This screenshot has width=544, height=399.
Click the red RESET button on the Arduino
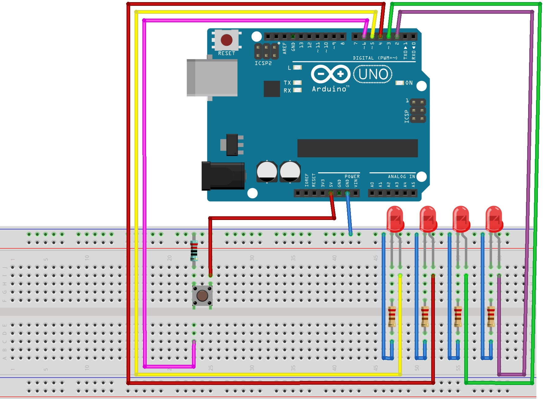pyautogui.click(x=226, y=40)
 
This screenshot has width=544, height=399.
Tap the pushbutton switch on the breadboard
pyautogui.click(x=202, y=295)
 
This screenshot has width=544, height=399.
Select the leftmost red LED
pyautogui.click(x=395, y=218)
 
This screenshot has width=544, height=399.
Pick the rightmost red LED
pyautogui.click(x=494, y=218)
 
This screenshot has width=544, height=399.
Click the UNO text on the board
pyautogui.click(x=373, y=74)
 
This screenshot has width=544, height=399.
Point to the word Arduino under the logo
pyautogui.click(x=329, y=89)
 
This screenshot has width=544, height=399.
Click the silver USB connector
pyautogui.click(x=212, y=78)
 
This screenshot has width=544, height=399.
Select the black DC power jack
pyautogui.click(x=223, y=176)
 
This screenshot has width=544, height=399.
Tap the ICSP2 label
pyautogui.click(x=263, y=63)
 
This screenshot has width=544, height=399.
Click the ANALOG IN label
pyautogui.click(x=401, y=177)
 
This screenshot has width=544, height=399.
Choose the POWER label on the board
pyautogui.click(x=352, y=177)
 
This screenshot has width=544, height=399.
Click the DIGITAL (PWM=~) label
pyautogui.click(x=375, y=58)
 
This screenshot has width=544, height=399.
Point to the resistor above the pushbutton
pyautogui.click(x=194, y=251)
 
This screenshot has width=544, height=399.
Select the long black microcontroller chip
pyautogui.click(x=357, y=148)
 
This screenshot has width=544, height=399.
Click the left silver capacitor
pyautogui.click(x=267, y=172)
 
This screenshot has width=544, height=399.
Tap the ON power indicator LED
pyautogui.click(x=400, y=83)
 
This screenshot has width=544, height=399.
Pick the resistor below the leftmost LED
pyautogui.click(x=392, y=317)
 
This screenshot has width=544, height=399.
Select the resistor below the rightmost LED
pyautogui.click(x=491, y=317)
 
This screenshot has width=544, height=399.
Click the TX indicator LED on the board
pyautogui.click(x=297, y=82)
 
